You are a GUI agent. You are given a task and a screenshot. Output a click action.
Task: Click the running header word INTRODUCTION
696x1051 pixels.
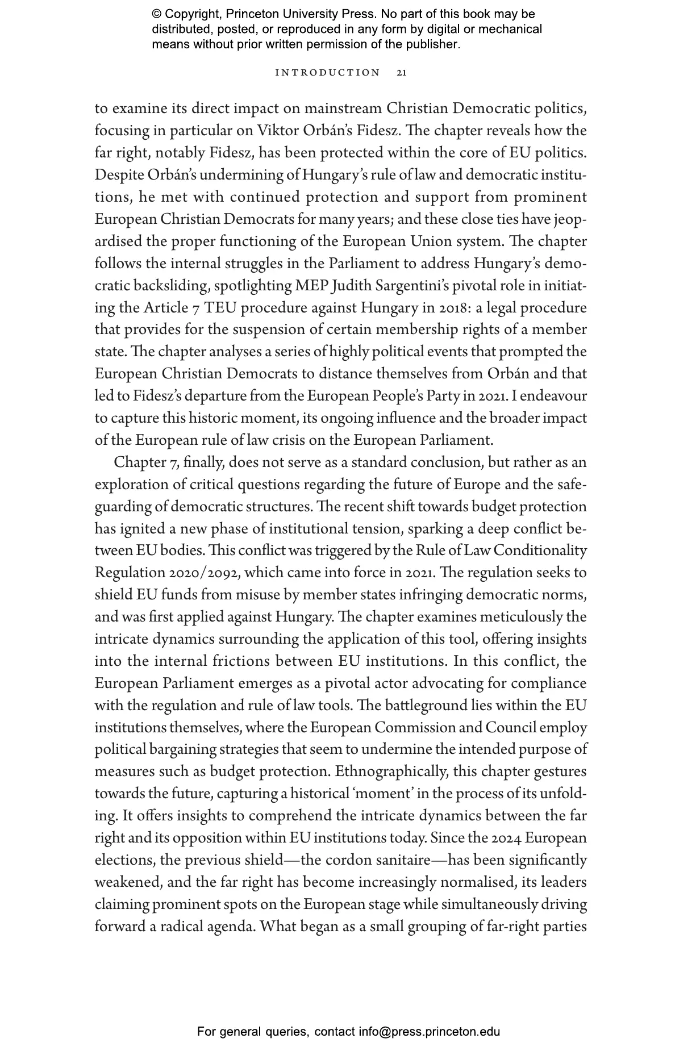point(327,73)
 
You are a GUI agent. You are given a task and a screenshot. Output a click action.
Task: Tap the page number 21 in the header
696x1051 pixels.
point(402,73)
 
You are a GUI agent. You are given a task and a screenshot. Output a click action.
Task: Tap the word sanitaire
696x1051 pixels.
point(405,860)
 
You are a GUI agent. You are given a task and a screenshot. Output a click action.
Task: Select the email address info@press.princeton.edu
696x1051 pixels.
point(429,1032)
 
